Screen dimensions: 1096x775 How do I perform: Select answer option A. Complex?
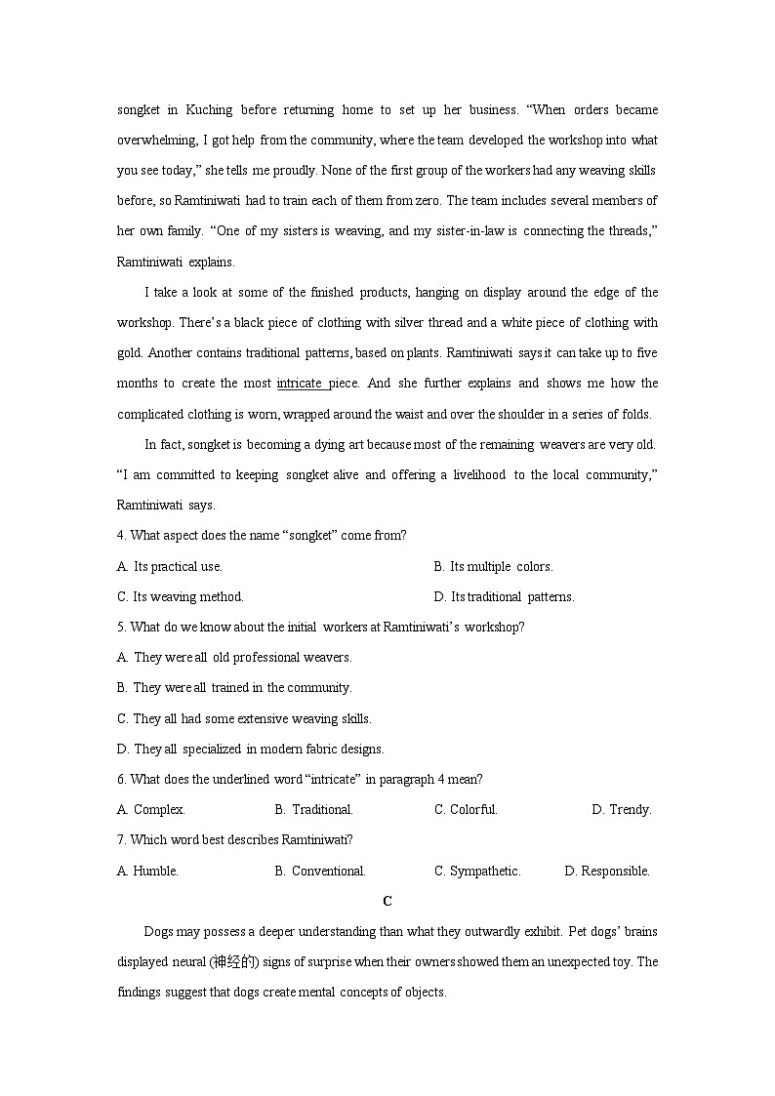click(x=151, y=809)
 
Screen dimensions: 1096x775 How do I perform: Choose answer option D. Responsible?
click(x=606, y=871)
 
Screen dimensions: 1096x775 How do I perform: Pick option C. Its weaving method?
click(x=181, y=596)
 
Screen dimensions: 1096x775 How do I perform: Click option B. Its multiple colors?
click(x=493, y=566)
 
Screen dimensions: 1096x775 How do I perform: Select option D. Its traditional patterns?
click(x=504, y=596)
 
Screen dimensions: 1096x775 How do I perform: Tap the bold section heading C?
click(x=387, y=901)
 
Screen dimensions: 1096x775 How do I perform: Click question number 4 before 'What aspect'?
click(x=121, y=536)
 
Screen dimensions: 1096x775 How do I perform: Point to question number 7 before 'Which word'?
click(x=121, y=840)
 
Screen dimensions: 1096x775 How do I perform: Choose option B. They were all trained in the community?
click(x=234, y=687)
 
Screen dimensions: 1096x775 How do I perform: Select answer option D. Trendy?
click(x=621, y=809)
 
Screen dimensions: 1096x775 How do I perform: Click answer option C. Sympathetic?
click(x=477, y=871)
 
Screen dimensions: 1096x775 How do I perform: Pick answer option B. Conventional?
click(x=320, y=871)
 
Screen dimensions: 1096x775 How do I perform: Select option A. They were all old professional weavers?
click(x=234, y=657)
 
